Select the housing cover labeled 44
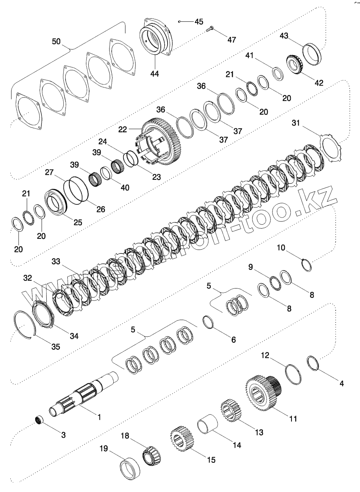156,38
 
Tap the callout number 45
198,21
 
